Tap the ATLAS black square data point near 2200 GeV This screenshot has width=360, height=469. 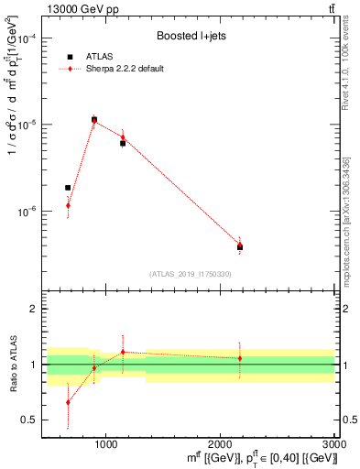tap(240, 247)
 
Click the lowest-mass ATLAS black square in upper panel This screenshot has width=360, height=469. tap(68, 188)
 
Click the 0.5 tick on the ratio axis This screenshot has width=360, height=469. tap(29, 420)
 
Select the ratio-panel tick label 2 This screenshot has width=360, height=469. tap(33, 310)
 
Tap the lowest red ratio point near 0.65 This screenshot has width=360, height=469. tap(68, 402)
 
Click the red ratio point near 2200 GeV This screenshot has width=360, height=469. tap(240, 358)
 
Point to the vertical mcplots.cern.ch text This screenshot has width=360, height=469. tap(347, 238)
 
